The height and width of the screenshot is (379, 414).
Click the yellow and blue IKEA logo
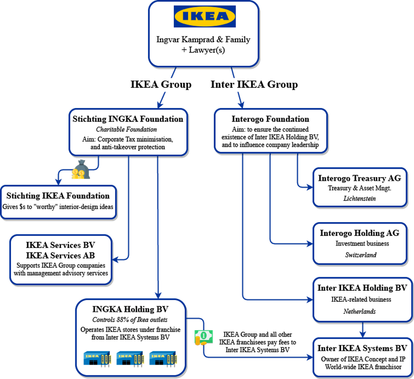pyautogui.click(x=205, y=17)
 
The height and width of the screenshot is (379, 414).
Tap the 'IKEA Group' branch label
pyautogui.click(x=161, y=85)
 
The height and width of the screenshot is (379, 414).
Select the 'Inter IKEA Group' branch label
pyautogui.click(x=253, y=85)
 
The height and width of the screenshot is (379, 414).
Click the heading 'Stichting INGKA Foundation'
pyautogui.click(x=128, y=119)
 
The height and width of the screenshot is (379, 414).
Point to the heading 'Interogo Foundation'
pyautogui.click(x=270, y=119)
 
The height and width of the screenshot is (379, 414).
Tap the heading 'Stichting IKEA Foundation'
pyautogui.click(x=58, y=196)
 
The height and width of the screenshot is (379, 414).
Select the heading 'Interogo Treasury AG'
pyautogui.click(x=359, y=178)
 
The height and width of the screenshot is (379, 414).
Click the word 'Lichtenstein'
pyautogui.click(x=359, y=198)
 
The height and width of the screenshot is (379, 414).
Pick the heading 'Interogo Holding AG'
pyautogui.click(x=359, y=233)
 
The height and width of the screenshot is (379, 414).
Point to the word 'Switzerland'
pyautogui.click(x=359, y=254)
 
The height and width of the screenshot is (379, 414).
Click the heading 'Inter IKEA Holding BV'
pyautogui.click(x=362, y=288)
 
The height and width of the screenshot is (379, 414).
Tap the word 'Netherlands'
pyautogui.click(x=359, y=311)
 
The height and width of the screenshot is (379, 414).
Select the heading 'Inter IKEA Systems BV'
pyautogui.click(x=362, y=348)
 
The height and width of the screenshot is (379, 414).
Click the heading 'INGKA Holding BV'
pyautogui.click(x=130, y=310)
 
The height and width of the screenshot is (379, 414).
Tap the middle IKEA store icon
pyautogui.click(x=130, y=356)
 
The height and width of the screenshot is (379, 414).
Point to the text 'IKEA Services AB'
pyautogui.click(x=61, y=256)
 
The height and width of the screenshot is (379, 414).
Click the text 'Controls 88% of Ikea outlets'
pyautogui.click(x=130, y=320)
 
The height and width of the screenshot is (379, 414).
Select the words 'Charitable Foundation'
pyautogui.click(x=128, y=129)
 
